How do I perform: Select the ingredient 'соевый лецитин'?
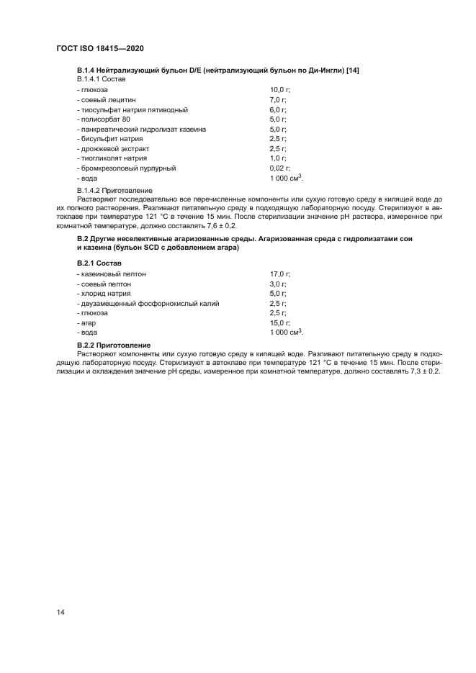coord(106,99)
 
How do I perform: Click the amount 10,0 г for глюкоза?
coord(279,89)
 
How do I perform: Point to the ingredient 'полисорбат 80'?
coord(104,119)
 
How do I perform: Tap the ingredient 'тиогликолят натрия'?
coord(112,158)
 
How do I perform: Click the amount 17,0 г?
coord(279,274)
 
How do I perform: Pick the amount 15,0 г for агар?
coord(279,323)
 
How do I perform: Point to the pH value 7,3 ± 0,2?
coord(423,371)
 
